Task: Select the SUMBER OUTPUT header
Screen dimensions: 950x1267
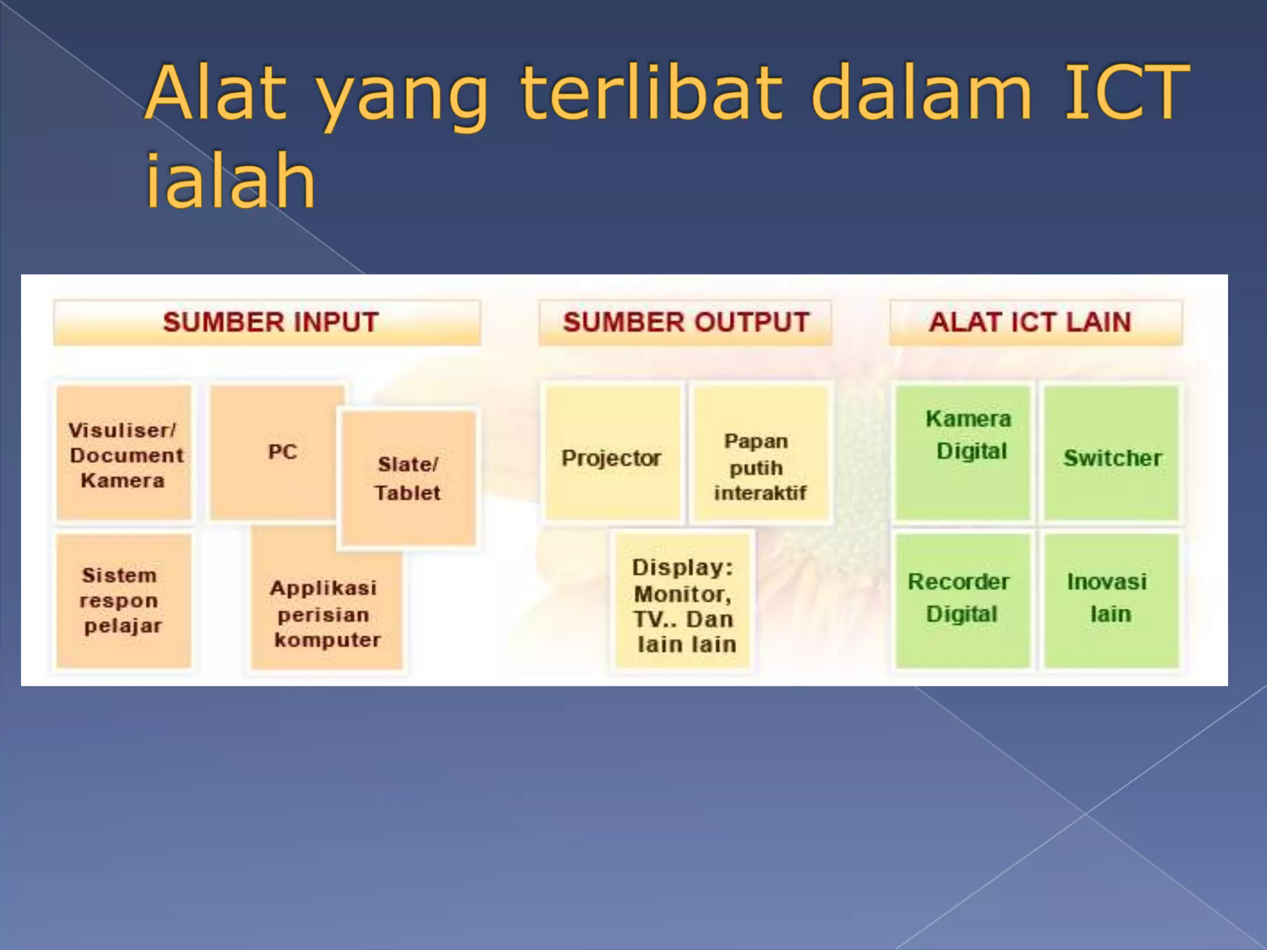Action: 685,322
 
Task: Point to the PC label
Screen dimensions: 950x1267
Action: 282,451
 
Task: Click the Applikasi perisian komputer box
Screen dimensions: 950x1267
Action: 326,613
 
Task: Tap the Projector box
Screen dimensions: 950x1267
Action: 611,458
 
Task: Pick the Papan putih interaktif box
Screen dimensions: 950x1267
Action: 759,466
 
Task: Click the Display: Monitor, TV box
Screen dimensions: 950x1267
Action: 683,606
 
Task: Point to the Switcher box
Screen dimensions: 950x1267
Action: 1112,458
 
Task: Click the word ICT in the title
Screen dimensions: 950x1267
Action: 1126,93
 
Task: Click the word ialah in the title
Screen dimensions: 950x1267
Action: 230,181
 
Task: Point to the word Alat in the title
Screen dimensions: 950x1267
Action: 217,93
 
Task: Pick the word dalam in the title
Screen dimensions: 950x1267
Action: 922,93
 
